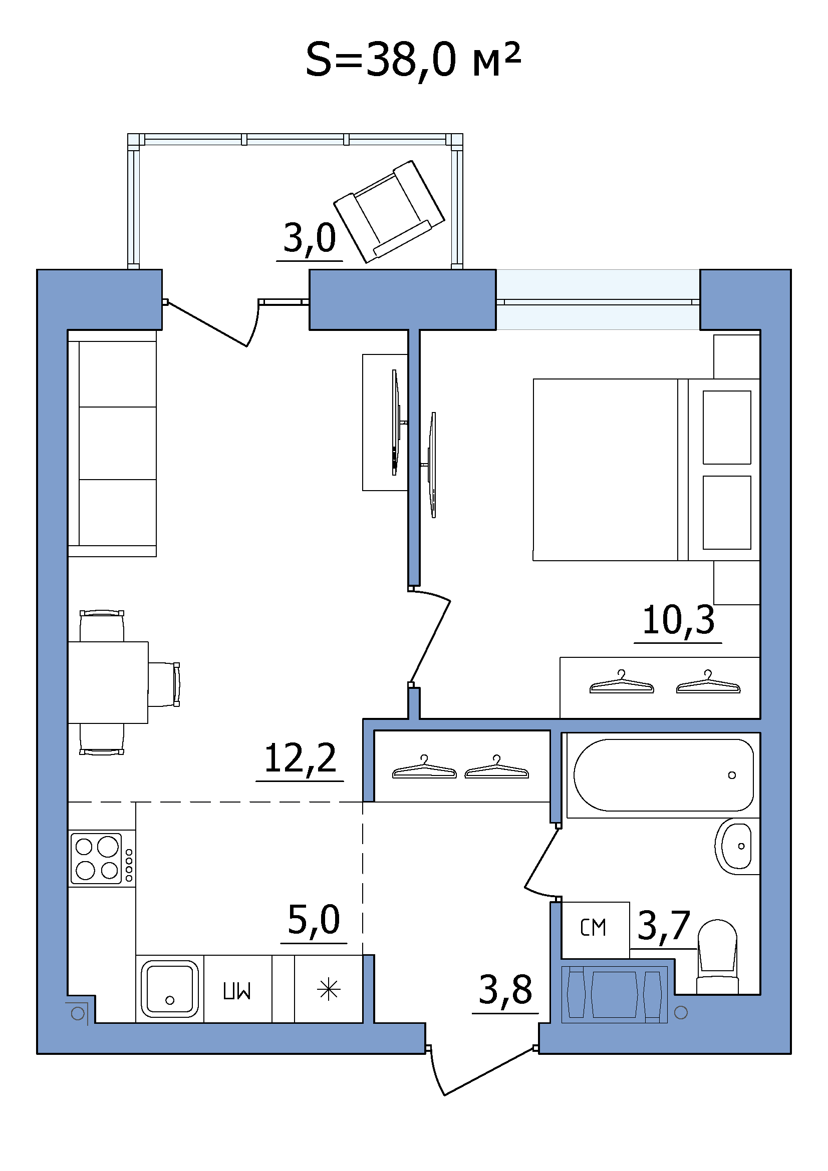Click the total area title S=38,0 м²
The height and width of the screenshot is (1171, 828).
(413, 60)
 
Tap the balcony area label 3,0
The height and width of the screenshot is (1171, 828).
(310, 238)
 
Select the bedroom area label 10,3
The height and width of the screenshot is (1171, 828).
(678, 621)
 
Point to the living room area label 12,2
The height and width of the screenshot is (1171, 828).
(301, 758)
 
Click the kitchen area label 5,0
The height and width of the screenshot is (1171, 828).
(314, 920)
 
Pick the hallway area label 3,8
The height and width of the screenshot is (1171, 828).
(505, 990)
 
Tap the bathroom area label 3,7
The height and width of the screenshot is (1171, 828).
(664, 925)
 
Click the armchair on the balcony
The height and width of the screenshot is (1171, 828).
(389, 212)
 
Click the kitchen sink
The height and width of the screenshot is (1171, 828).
(170, 989)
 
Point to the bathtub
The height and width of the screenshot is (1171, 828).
(663, 775)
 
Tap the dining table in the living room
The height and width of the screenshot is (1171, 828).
(108, 682)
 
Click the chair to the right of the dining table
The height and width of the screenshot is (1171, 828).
(164, 684)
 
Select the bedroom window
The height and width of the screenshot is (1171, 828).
(598, 300)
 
